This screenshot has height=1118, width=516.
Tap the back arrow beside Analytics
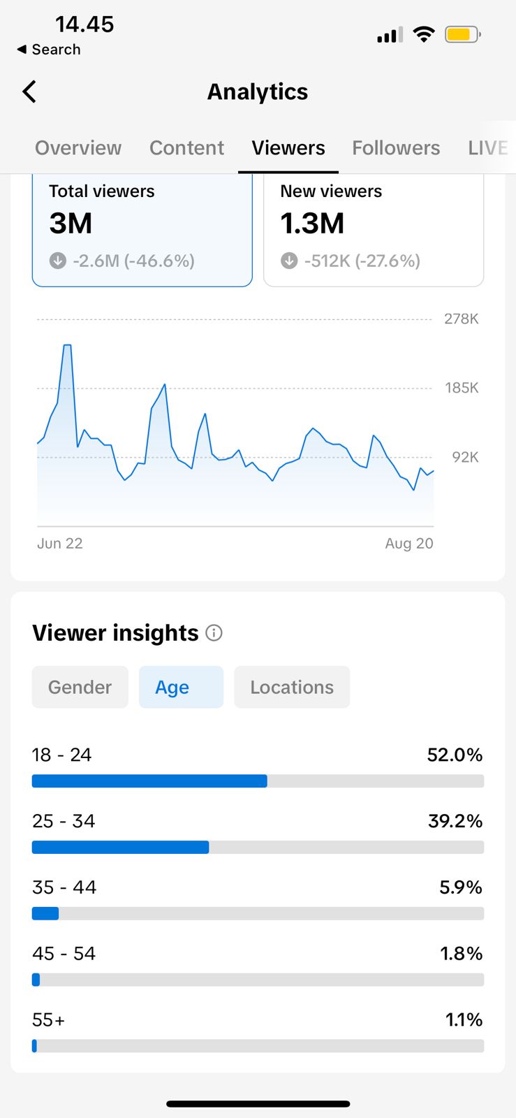(x=29, y=92)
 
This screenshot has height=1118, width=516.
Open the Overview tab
(x=78, y=148)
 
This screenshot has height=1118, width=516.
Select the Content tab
(x=186, y=148)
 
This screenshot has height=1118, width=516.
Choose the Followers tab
(x=396, y=148)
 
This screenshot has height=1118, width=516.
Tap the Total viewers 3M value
(x=71, y=224)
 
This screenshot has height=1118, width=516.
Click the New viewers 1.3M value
(x=312, y=224)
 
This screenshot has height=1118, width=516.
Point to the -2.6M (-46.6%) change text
(x=133, y=261)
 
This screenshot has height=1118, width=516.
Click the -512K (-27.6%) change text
(x=362, y=261)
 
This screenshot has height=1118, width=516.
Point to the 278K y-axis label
(x=462, y=319)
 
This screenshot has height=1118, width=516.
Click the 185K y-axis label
(x=462, y=388)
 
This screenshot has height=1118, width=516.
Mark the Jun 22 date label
(x=60, y=544)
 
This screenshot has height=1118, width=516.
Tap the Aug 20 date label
(x=409, y=544)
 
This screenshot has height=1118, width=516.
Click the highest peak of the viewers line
(x=67, y=345)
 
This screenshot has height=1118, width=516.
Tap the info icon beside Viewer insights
(x=214, y=633)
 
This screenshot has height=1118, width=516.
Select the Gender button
(x=80, y=688)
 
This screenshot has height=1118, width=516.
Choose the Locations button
(x=292, y=688)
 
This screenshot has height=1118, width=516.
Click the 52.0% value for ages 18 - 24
(x=455, y=755)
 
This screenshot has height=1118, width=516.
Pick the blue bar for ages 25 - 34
(x=120, y=848)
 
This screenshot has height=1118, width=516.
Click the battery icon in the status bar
(x=462, y=34)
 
